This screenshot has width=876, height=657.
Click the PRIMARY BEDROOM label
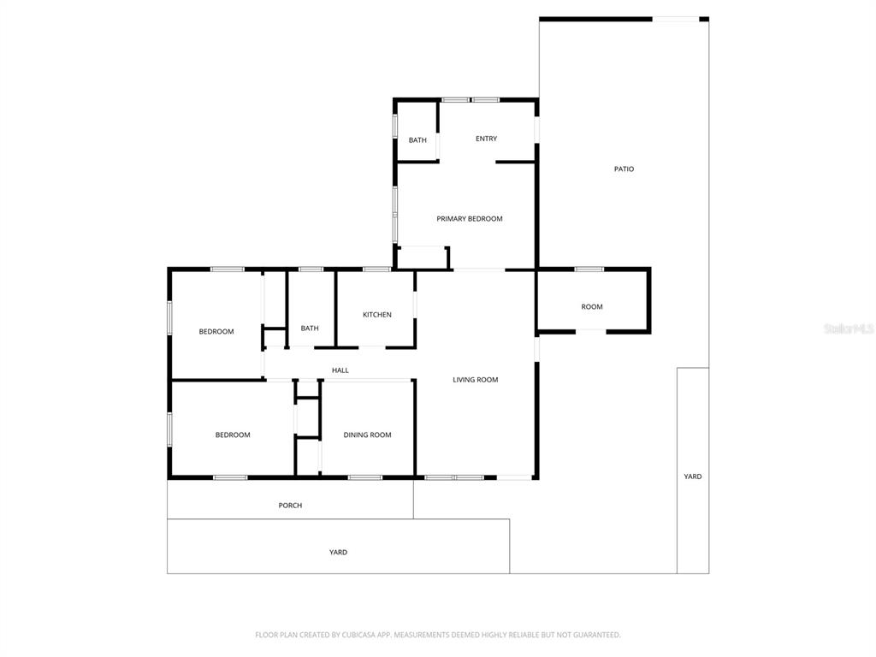470,219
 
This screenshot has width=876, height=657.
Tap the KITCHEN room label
377,315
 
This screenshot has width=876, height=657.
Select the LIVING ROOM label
476,380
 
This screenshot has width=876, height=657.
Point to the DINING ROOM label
367,435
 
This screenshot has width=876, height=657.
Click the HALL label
340,370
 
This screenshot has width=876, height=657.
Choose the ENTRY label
486,139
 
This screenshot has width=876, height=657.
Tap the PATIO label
624,169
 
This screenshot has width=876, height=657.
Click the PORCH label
291,506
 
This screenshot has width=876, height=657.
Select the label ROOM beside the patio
592,307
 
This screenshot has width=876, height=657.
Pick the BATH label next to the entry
417,140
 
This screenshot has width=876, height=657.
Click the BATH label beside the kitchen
310,328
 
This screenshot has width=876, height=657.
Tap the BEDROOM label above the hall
216,332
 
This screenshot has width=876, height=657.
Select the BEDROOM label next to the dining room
233,435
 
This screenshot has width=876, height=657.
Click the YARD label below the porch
338,553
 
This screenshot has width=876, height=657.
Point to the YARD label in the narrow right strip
693,476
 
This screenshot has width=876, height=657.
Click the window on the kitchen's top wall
377,269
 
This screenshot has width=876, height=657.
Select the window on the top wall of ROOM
589,269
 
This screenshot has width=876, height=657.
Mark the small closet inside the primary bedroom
422,257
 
